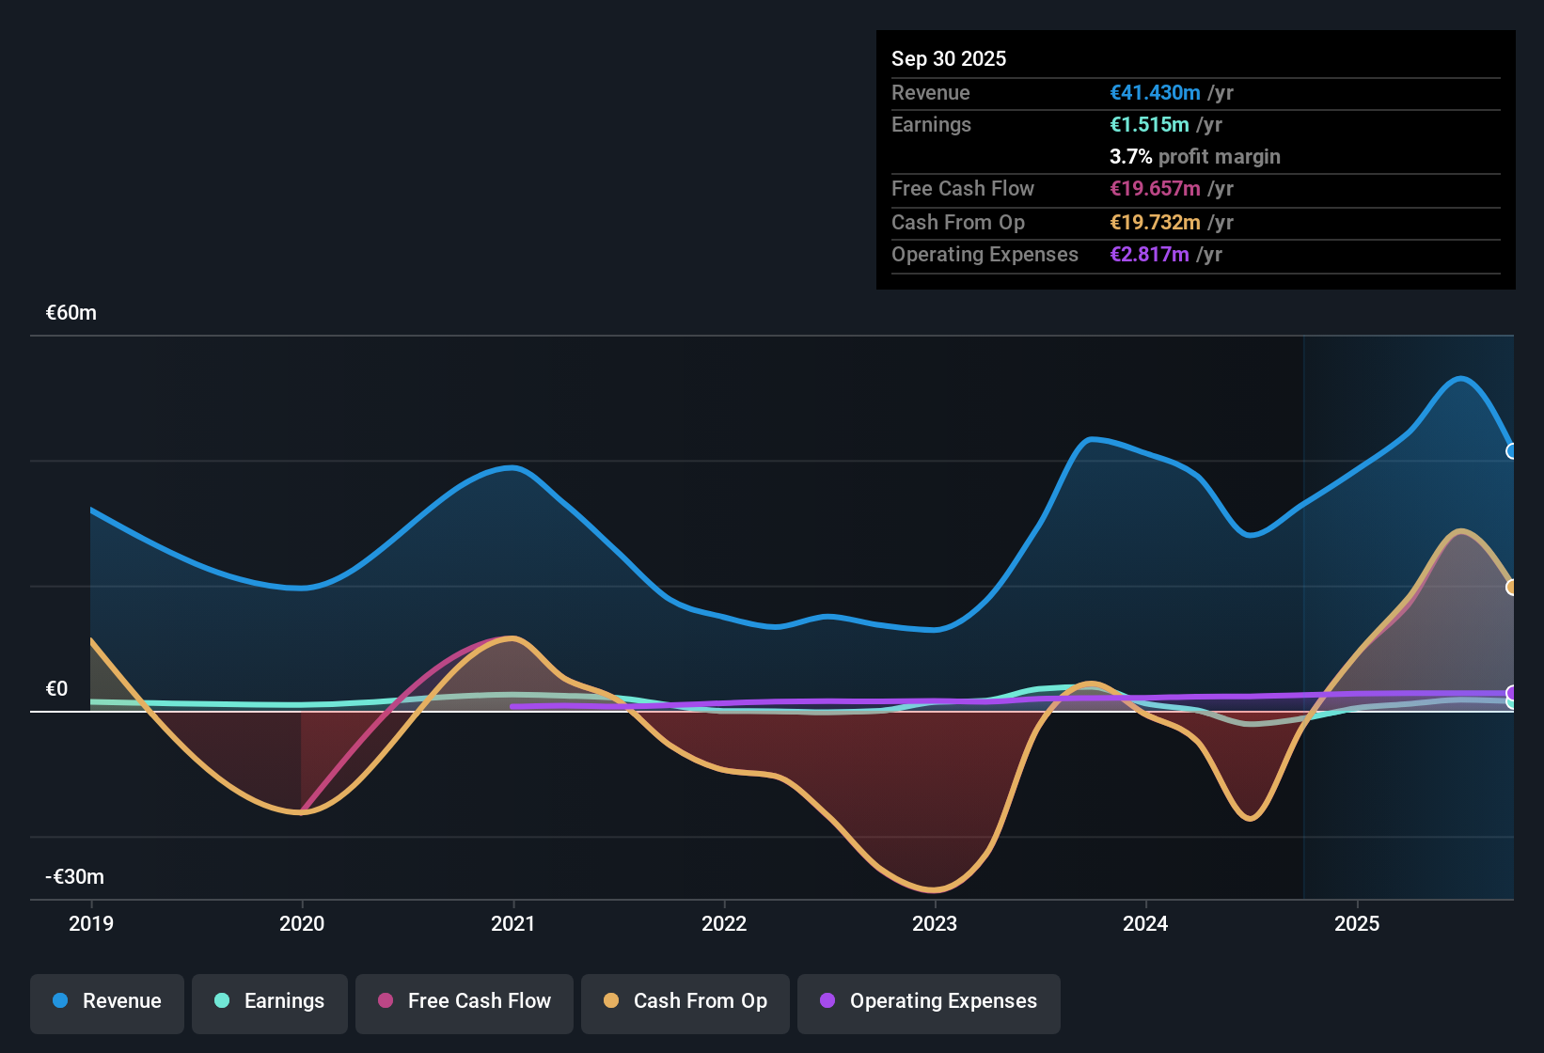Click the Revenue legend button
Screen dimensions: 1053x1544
pos(107,1001)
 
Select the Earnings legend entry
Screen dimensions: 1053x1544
pos(270,1001)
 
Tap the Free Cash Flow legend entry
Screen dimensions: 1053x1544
pos(465,1001)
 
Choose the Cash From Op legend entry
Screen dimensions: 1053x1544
pos(685,1001)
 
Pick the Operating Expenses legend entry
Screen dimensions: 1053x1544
pos(929,1001)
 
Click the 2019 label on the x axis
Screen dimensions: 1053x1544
pos(91,924)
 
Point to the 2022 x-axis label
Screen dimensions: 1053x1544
pos(724,924)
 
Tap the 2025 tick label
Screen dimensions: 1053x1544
pos(1357,924)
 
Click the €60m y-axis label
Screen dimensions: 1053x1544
pos(71,313)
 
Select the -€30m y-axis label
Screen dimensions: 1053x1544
pos(75,877)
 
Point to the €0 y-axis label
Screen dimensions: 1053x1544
pos(57,689)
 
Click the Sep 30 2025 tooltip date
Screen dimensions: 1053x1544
pos(949,59)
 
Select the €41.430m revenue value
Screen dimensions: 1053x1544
pos(1155,93)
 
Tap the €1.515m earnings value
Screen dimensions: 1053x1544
pos(1149,125)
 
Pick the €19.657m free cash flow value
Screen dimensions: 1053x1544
pos(1155,189)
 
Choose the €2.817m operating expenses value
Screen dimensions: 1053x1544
pos(1149,255)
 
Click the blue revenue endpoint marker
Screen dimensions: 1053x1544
pos(1512,451)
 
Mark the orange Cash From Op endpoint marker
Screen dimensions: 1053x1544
pos(1512,588)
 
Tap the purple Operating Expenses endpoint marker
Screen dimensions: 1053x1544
pos(1512,694)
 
